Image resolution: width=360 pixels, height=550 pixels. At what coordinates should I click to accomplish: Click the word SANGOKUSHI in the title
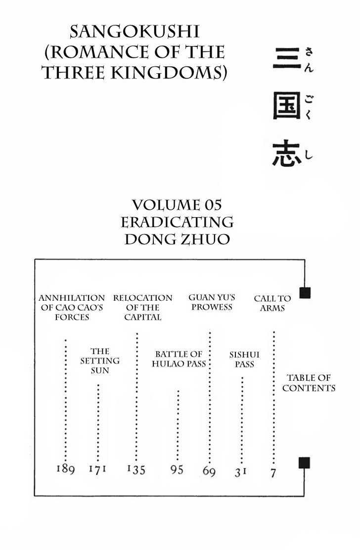[x=135, y=32]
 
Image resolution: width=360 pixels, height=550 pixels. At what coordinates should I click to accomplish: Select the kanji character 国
[x=287, y=105]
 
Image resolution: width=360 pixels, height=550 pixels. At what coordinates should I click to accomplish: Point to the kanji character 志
[x=287, y=153]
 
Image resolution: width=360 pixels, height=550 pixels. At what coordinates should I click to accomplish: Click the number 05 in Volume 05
[x=213, y=205]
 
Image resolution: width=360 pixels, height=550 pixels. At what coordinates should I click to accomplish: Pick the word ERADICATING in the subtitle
[x=177, y=222]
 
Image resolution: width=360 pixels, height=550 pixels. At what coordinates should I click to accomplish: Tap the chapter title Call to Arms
[x=272, y=303]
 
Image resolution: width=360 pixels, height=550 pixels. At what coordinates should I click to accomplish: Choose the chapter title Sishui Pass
[x=244, y=359]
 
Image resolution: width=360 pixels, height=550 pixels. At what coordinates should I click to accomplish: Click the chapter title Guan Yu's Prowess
[x=212, y=302]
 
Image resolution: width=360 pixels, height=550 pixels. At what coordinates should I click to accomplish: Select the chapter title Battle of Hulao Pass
[x=179, y=359]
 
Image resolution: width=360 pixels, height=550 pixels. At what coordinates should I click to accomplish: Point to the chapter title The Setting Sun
[x=100, y=361]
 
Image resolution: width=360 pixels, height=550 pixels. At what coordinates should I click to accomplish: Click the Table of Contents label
[x=309, y=383]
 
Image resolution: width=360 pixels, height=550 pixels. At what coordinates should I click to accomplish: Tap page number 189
[x=66, y=468]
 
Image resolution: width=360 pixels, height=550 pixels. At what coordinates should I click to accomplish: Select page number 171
[x=97, y=469]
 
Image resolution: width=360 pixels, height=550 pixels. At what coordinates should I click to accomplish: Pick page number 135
[x=136, y=469]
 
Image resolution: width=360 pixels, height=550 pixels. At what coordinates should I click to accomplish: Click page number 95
[x=177, y=469]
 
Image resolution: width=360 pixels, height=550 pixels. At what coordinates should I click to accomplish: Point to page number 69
[x=209, y=471]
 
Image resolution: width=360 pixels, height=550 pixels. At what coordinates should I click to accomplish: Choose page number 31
[x=240, y=472]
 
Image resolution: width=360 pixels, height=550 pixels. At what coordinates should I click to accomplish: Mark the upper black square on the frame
[x=305, y=292]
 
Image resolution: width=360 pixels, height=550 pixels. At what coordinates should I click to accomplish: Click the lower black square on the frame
[x=304, y=462]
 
